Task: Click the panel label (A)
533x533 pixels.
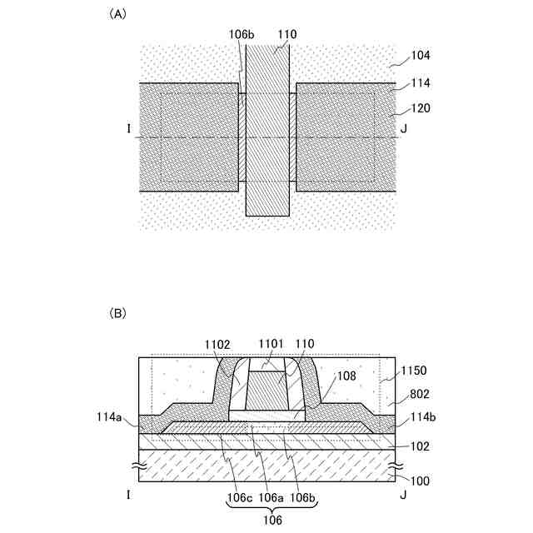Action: point(117,14)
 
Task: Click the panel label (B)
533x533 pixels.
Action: point(117,313)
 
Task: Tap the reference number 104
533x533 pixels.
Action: point(421,56)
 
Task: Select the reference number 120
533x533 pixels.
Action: point(421,108)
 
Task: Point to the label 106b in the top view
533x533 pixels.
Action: point(242,34)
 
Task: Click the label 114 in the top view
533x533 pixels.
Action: point(421,82)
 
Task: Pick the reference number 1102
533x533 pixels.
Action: point(217,345)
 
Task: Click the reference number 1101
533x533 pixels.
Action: point(271,344)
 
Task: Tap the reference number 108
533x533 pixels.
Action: point(346,376)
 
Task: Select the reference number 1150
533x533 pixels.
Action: point(414,371)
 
